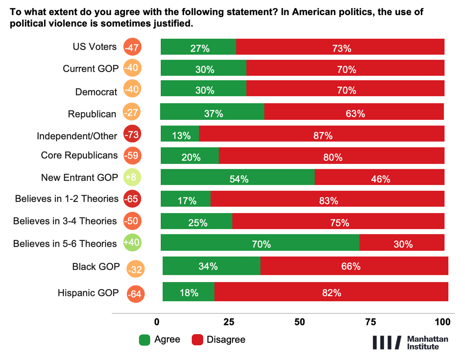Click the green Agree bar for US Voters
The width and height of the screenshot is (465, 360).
point(198,47)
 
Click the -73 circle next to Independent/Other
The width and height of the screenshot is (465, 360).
point(133,135)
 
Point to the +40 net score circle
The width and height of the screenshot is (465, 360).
point(133,243)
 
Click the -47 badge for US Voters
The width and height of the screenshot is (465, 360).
point(133,47)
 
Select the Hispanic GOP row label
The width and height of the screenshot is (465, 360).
point(88,293)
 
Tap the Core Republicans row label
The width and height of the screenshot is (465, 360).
point(79,155)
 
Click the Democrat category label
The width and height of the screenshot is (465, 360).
point(96,92)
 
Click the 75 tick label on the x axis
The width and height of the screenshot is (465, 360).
point(371,321)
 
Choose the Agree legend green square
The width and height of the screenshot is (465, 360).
point(145,340)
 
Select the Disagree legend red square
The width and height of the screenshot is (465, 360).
point(197,340)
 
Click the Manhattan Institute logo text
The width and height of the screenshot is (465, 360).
point(427,342)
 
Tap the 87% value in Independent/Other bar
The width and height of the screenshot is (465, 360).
point(323,135)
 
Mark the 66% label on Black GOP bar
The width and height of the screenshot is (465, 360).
point(350,267)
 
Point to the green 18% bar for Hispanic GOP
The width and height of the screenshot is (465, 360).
point(188,292)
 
